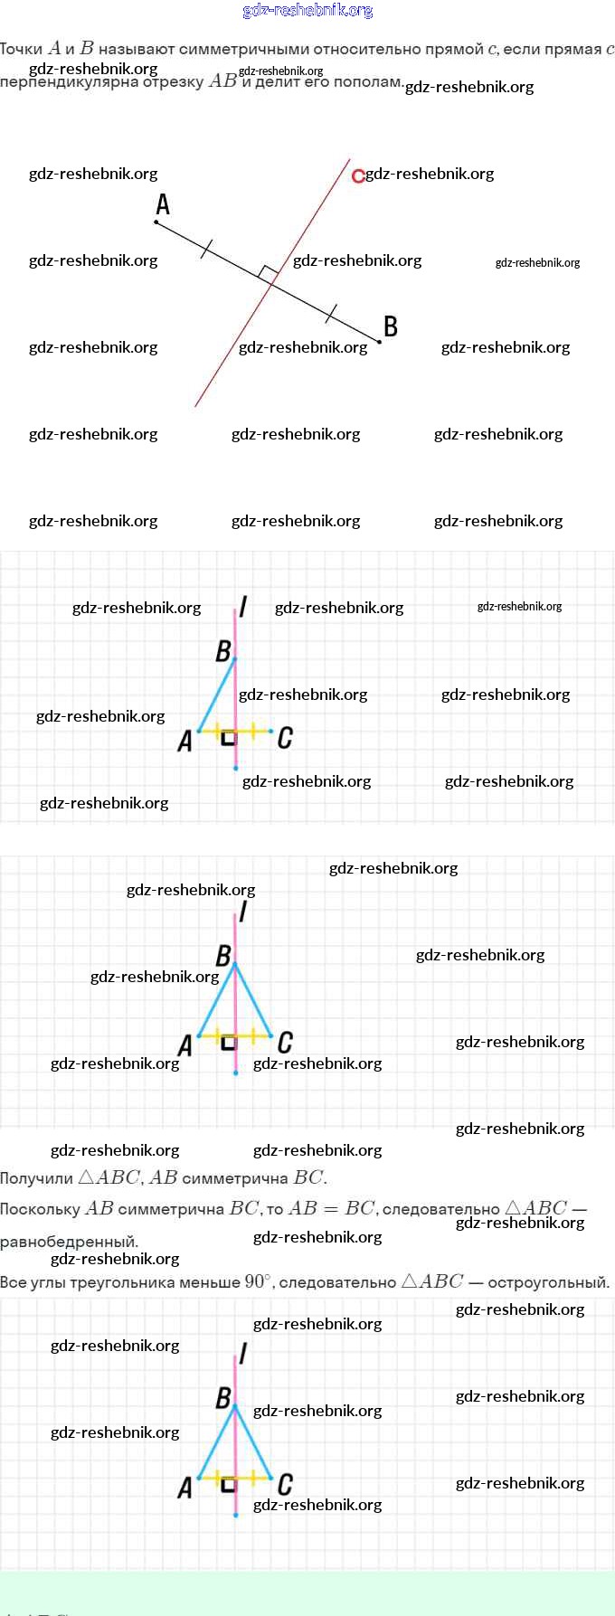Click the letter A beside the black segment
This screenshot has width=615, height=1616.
pyautogui.click(x=163, y=204)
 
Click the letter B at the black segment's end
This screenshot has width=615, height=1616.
pyautogui.click(x=391, y=326)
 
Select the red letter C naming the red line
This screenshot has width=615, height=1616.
pyautogui.click(x=358, y=175)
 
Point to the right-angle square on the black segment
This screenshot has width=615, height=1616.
pyautogui.click(x=266, y=274)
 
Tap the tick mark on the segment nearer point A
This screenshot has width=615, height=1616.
pyautogui.click(x=206, y=250)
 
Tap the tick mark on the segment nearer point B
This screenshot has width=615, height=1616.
pyautogui.click(x=332, y=314)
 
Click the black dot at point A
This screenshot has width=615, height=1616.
pyautogui.click(x=156, y=222)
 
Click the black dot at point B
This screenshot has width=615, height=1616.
pyautogui.click(x=379, y=342)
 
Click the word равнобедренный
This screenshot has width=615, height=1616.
pyautogui.click(x=68, y=1242)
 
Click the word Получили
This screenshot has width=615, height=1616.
pyautogui.click(x=36, y=1178)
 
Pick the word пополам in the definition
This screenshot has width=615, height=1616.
pyautogui.click(x=368, y=81)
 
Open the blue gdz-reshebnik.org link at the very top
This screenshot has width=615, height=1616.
pyautogui.click(x=307, y=10)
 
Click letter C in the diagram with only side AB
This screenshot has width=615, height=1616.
pyautogui.click(x=285, y=738)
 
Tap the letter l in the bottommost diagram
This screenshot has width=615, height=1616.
pyautogui.click(x=242, y=1354)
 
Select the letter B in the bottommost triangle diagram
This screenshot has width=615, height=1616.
pyautogui.click(x=223, y=1397)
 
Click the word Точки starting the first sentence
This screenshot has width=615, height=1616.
pyautogui.click(x=22, y=49)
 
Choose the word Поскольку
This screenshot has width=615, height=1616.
pyautogui.click(x=40, y=1209)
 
